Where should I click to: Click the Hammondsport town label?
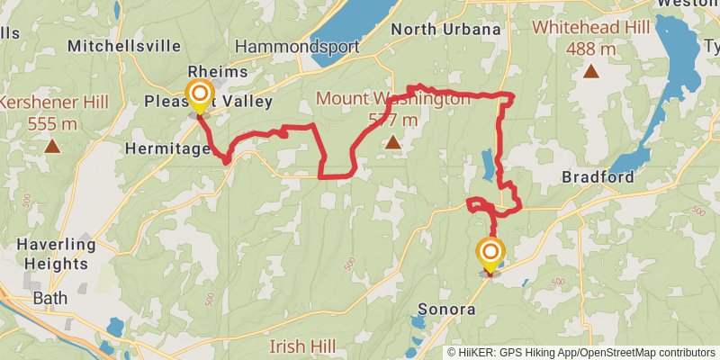point(297,47)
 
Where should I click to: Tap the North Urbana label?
point(445,30)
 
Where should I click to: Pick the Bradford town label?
point(598,176)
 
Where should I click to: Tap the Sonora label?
point(446,310)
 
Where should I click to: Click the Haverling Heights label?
point(56,253)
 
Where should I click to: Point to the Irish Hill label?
point(303,346)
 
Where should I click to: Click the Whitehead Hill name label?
point(590,28)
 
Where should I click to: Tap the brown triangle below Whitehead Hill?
point(591,71)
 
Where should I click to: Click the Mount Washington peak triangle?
point(392,141)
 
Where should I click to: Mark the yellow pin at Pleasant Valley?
point(199,94)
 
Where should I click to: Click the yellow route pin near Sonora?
point(490,252)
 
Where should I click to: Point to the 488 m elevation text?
point(591,49)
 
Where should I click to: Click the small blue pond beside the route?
point(487,164)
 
